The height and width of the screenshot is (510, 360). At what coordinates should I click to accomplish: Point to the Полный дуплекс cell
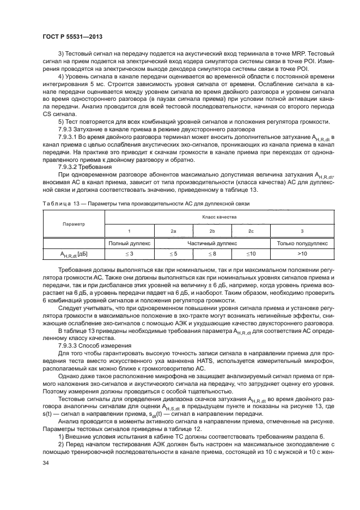pyautogui.click(x=129, y=243)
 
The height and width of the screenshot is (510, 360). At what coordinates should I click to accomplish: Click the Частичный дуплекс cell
pyautogui.click(x=211, y=243)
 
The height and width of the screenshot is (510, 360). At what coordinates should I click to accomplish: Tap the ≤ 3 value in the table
pyautogui.click(x=129, y=253)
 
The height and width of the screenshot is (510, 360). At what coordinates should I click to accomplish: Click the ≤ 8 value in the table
pyautogui.click(x=212, y=253)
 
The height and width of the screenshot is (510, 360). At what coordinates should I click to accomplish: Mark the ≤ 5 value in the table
pyautogui.click(x=173, y=253)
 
